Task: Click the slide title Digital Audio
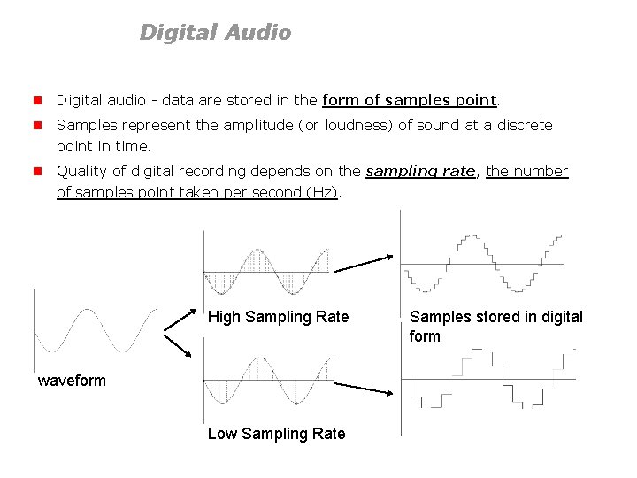tap(215, 33)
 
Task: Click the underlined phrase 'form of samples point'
tap(411, 100)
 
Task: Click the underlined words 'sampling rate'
tap(420, 171)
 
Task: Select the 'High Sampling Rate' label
tap(278, 317)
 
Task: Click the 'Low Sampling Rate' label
tap(276, 433)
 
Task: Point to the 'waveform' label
tap(72, 381)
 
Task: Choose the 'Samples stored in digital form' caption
tap(495, 326)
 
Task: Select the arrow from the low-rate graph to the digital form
tap(364, 389)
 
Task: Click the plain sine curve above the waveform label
tap(95, 331)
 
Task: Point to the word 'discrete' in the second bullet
tap(524, 125)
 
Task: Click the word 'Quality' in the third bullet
tap(81, 171)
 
